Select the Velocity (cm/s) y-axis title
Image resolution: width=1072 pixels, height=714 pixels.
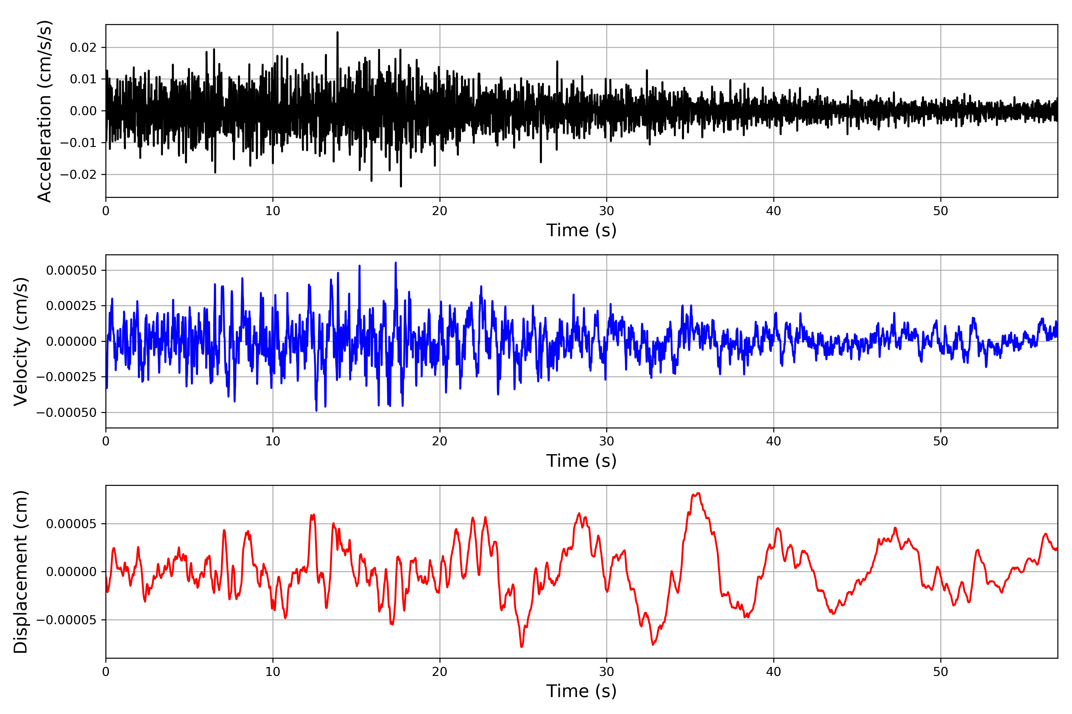coord(21,341)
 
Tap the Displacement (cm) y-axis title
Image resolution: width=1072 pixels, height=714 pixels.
coord(21,571)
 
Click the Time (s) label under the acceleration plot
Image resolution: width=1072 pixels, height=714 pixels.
coord(581,230)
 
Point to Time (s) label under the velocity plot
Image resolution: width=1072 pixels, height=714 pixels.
coord(581,461)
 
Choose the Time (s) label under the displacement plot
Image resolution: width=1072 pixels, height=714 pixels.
coord(581,691)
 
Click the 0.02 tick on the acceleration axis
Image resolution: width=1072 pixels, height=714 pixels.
coord(83,47)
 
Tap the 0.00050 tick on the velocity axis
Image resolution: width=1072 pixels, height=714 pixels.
coord(71,270)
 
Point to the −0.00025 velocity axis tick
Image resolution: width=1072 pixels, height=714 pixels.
coord(66,377)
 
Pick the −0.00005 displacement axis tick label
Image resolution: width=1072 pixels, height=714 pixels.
coord(66,620)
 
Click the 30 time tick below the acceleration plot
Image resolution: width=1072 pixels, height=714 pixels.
coord(606,211)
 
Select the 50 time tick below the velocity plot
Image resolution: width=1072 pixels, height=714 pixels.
coord(940,441)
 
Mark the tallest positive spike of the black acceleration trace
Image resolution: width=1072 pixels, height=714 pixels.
coord(337,32)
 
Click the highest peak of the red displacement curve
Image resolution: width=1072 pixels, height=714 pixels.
coord(698,494)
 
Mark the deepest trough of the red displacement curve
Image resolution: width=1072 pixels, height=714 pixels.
coord(521,646)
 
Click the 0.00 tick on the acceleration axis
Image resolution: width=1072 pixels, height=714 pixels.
coord(83,111)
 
